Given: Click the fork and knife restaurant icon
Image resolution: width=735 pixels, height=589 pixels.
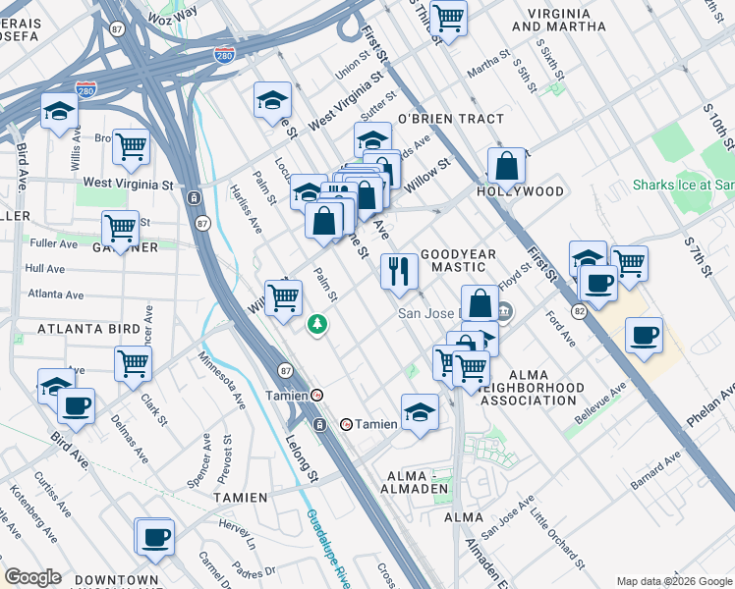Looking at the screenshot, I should (x=399, y=271).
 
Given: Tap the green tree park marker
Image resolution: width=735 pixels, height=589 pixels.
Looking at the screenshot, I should (x=317, y=323).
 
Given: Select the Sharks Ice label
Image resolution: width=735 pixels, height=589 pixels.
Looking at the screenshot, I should (x=683, y=185).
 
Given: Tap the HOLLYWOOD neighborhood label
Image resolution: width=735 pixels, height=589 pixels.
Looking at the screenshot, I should (x=521, y=191).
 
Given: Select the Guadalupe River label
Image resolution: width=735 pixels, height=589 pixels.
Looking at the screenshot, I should (x=327, y=550).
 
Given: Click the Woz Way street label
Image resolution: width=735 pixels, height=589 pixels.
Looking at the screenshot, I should (x=171, y=11).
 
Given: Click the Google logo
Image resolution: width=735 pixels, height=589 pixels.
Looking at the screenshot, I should (x=32, y=577).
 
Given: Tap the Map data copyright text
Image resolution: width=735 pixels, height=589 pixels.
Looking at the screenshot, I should (x=674, y=581).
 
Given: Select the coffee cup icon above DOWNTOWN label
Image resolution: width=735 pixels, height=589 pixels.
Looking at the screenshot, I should (x=155, y=536).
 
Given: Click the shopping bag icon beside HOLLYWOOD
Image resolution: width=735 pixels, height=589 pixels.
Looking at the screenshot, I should (x=507, y=166).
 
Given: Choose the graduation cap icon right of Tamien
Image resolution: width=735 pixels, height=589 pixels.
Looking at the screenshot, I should (x=420, y=410).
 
